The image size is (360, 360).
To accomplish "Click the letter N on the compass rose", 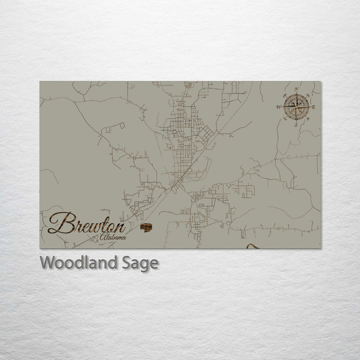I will pos(296,89).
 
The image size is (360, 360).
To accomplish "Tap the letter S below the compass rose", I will pos(295,125).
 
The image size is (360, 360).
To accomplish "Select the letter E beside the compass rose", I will pos(313,107).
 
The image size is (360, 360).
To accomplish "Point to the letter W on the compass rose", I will pos(278,107).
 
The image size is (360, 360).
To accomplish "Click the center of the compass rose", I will pos(296,107).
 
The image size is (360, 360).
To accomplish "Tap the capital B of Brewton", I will pos(59,223).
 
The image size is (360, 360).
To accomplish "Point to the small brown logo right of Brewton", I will pos(145,227).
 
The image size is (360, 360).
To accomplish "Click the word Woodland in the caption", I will pos(79,262).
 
